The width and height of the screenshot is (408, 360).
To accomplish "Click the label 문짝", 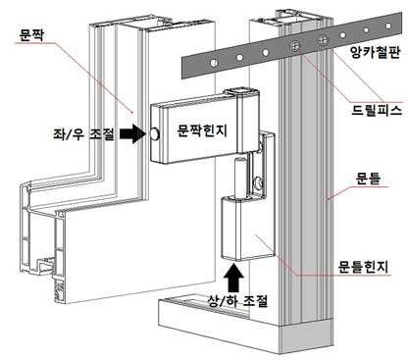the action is pyautogui.click(x=31, y=34).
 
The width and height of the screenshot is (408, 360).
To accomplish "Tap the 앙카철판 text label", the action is pyautogui.click(x=376, y=52).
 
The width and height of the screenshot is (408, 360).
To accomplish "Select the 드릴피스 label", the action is pyautogui.click(x=377, y=110).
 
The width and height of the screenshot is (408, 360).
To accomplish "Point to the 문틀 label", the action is pyautogui.click(x=368, y=179).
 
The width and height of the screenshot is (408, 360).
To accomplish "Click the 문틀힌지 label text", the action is pyautogui.click(x=364, y=267).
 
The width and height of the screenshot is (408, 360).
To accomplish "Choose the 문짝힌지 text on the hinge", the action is pyautogui.click(x=202, y=130).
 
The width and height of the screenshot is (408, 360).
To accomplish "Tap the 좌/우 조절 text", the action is pyautogui.click(x=84, y=134).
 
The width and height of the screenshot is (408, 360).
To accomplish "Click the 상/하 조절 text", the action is pyautogui.click(x=237, y=300).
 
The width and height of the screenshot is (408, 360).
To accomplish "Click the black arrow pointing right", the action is pyautogui.click(x=132, y=133).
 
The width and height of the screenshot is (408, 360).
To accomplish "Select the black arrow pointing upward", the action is pyautogui.click(x=233, y=278).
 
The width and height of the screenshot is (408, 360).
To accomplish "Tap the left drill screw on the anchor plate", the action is pyautogui.click(x=295, y=46).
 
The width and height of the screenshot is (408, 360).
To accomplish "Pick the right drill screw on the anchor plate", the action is pyautogui.click(x=323, y=40).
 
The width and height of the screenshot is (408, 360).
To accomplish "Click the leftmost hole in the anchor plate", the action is pyautogui.click(x=214, y=63).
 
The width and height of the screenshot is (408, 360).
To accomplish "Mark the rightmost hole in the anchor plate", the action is pyautogui.click(x=388, y=26).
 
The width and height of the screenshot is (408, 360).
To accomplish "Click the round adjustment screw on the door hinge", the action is pyautogui.click(x=154, y=134).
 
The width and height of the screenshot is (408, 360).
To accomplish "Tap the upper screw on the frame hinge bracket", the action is pyautogui.click(x=261, y=145).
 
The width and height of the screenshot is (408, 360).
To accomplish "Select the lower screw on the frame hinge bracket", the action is pyautogui.click(x=259, y=182).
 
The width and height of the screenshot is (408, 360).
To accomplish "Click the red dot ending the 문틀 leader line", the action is pyautogui.click(x=329, y=198).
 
